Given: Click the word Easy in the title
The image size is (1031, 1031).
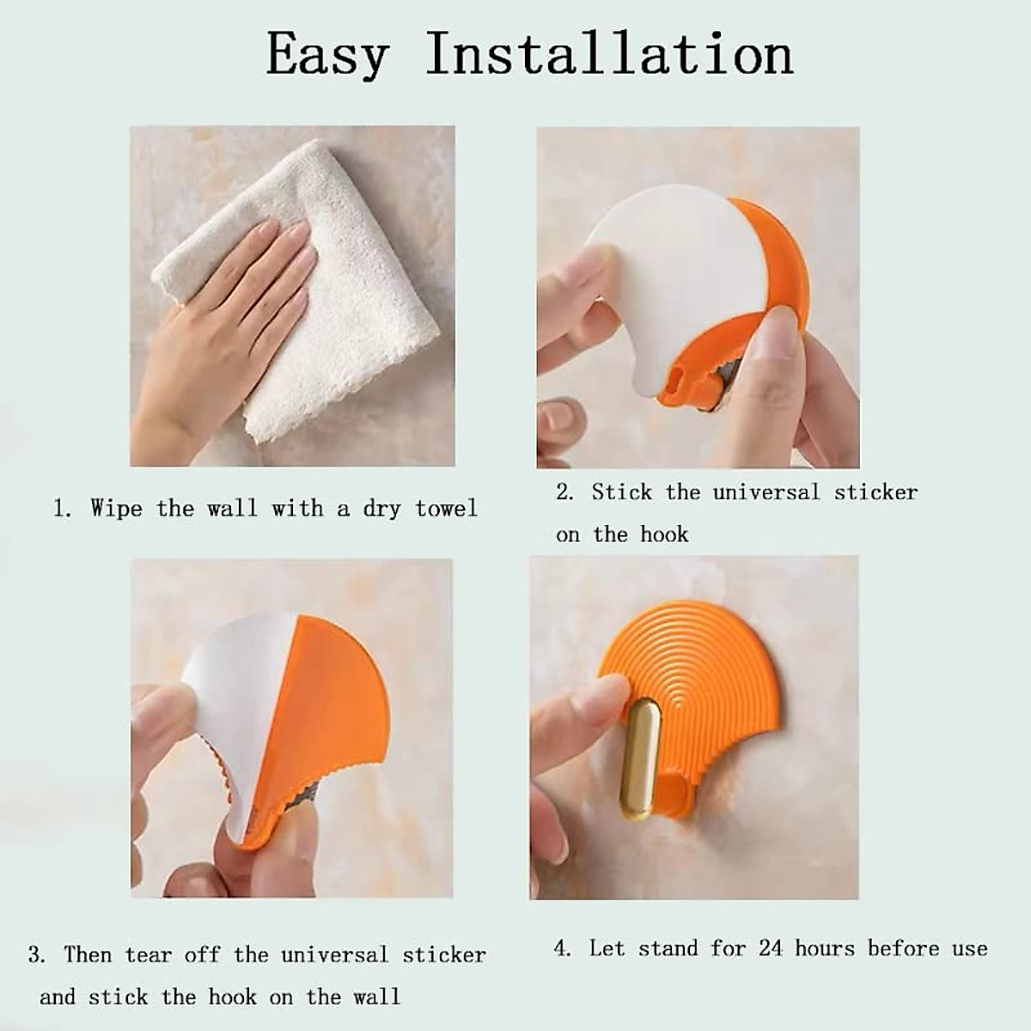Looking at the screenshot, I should pos(327,55).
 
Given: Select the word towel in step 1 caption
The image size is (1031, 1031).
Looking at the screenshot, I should pos(446,509).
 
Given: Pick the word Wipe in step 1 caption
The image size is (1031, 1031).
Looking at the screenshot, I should pos(116,509).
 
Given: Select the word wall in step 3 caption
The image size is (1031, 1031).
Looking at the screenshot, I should pos(377,997).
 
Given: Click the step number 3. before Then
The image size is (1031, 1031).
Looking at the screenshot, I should pos(37,955).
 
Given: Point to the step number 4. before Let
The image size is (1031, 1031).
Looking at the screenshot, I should pos(563,949).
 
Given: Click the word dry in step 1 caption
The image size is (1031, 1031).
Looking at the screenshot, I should pos(382,509).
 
